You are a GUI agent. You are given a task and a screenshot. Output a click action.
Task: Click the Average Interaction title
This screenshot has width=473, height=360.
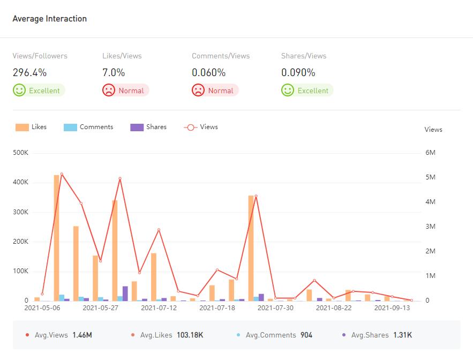[x=49, y=19]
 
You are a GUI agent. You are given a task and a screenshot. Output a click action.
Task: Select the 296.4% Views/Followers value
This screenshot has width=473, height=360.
[x=29, y=72]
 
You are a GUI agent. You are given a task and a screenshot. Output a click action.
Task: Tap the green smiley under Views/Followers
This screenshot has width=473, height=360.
[x=19, y=91]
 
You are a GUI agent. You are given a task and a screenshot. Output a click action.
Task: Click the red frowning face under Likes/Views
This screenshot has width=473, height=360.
[x=109, y=91]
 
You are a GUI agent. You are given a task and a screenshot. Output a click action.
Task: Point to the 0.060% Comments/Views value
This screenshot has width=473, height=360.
[x=208, y=72]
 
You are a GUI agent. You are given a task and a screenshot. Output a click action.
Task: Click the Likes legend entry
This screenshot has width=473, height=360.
[x=31, y=127]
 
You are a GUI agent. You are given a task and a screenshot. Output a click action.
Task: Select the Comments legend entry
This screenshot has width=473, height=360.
[x=88, y=127]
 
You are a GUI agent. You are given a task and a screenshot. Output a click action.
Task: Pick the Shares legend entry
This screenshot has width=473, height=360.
[x=148, y=127]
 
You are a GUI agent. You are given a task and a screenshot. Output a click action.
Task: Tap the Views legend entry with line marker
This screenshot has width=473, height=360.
[x=201, y=127]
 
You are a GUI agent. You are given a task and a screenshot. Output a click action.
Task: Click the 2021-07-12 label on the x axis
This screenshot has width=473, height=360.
[x=159, y=308]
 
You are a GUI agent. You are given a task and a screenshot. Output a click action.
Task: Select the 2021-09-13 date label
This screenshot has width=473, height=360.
[x=392, y=308]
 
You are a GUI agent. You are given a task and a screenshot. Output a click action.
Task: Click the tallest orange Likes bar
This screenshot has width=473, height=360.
[x=57, y=236]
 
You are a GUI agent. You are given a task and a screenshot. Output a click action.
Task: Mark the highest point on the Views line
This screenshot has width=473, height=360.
[x=62, y=174]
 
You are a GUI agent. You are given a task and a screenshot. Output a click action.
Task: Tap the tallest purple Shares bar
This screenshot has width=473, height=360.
[x=125, y=294]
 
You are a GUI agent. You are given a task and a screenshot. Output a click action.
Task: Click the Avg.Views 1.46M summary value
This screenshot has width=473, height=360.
[x=82, y=335]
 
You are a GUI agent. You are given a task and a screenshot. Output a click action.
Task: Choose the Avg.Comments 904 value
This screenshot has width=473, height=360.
[x=306, y=335]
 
